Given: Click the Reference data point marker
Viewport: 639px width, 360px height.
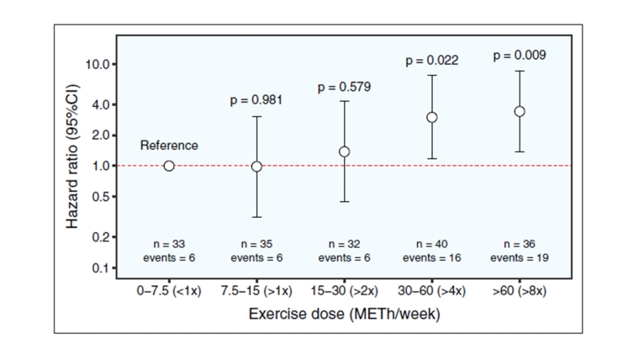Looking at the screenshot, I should click(x=169, y=166).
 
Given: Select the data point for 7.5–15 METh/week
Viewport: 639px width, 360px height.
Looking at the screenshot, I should click(x=256, y=167).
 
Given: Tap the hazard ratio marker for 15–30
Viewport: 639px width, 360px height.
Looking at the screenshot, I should click(x=344, y=151).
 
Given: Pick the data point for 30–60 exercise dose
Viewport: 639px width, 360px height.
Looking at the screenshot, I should click(x=431, y=117).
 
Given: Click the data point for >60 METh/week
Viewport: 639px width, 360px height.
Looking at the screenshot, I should click(x=520, y=111).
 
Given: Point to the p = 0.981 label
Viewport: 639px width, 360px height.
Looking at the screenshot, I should click(x=256, y=100).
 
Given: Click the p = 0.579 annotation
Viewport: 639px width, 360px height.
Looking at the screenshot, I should click(x=344, y=87).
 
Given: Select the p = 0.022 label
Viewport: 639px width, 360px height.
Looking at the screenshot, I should click(x=431, y=61).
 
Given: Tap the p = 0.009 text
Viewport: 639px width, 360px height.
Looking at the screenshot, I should click(x=520, y=56).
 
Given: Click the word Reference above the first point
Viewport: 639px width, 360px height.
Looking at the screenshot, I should click(x=169, y=146).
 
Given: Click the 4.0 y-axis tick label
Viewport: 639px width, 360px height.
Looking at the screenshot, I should click(x=100, y=105).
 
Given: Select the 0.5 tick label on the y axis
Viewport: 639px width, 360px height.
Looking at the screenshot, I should click(x=100, y=197).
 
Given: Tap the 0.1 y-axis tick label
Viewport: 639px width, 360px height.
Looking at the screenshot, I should click(x=100, y=268).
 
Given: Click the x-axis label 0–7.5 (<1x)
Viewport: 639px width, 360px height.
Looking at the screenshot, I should click(x=169, y=291).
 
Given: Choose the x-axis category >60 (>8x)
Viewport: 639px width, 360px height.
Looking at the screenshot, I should click(x=520, y=291).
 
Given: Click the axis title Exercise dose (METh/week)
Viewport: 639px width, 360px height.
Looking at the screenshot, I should click(x=344, y=315).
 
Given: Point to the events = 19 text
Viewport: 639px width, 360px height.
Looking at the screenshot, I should click(x=520, y=257).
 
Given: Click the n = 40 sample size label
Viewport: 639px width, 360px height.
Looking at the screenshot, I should click(x=431, y=244).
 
